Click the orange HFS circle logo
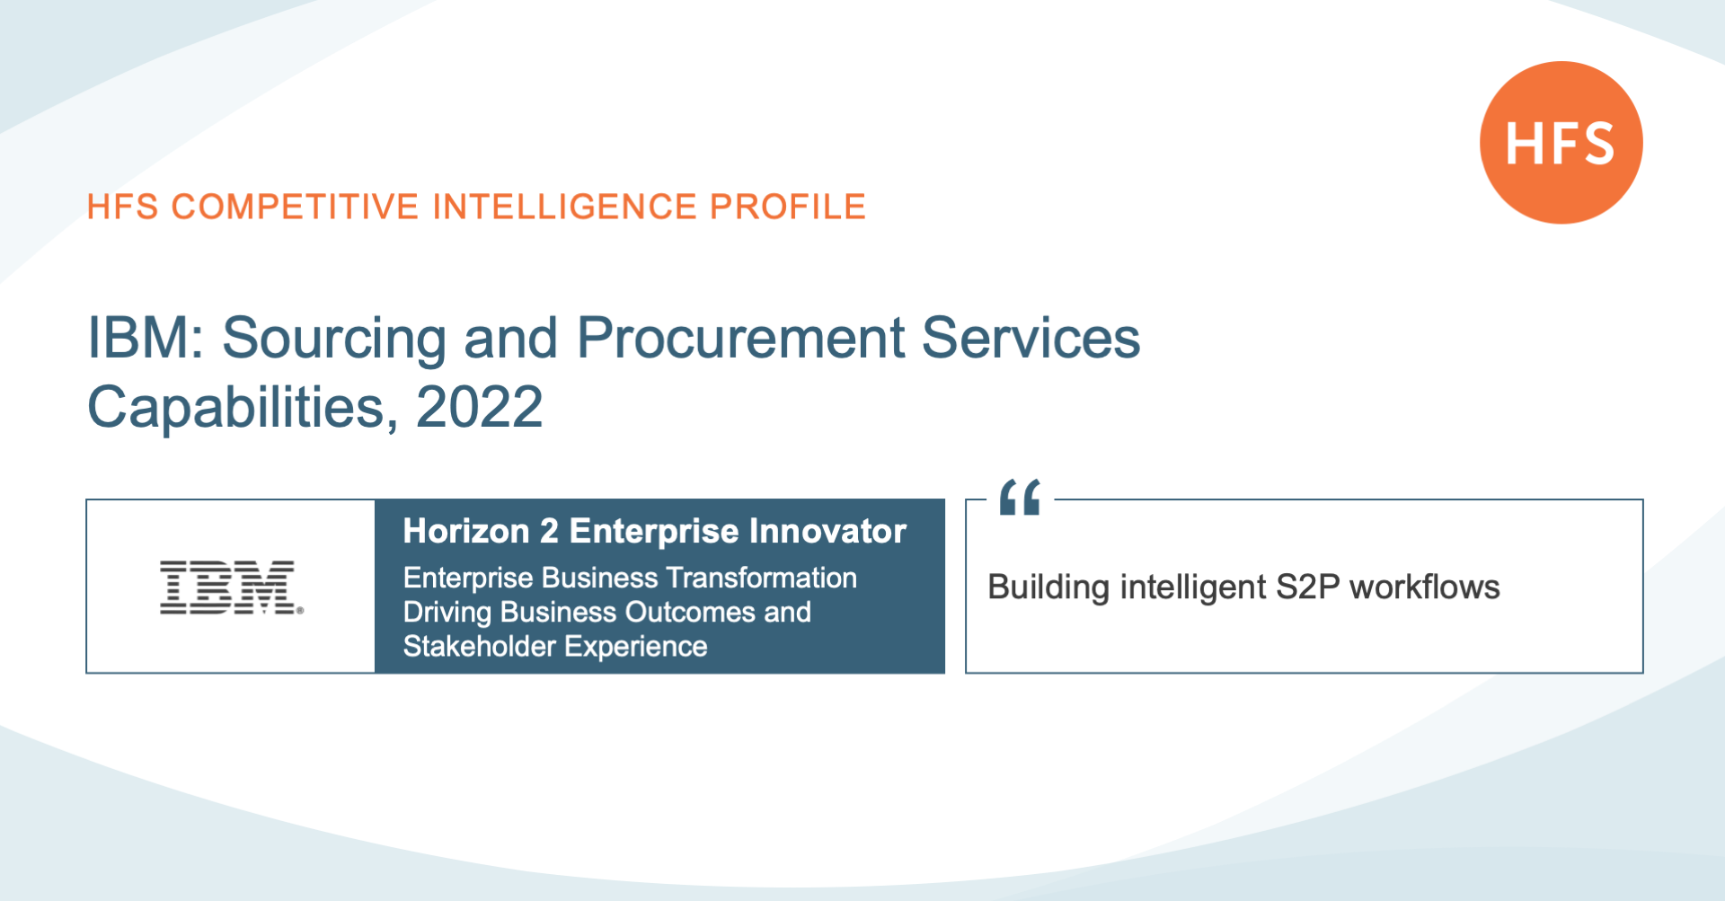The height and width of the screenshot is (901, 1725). pos(1561,143)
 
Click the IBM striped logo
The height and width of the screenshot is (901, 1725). pos(231,587)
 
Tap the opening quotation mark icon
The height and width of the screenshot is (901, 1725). pos(1020,497)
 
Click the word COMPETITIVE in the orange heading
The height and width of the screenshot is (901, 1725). pos(296,207)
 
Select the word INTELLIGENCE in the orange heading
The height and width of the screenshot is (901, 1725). pos(565,207)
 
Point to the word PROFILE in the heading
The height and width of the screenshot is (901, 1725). pos(788,207)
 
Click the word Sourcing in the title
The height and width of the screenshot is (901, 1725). pos(334,340)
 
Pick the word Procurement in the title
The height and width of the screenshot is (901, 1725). pos(741,338)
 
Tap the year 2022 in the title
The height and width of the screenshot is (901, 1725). pos(480,407)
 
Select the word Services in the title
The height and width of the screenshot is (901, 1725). pos(1031,338)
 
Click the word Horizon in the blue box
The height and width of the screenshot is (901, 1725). pos(466,531)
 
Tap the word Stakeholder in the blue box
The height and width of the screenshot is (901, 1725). pos(480,646)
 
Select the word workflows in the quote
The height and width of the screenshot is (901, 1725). pos(1425,587)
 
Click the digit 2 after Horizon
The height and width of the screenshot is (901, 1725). pos(549,531)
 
